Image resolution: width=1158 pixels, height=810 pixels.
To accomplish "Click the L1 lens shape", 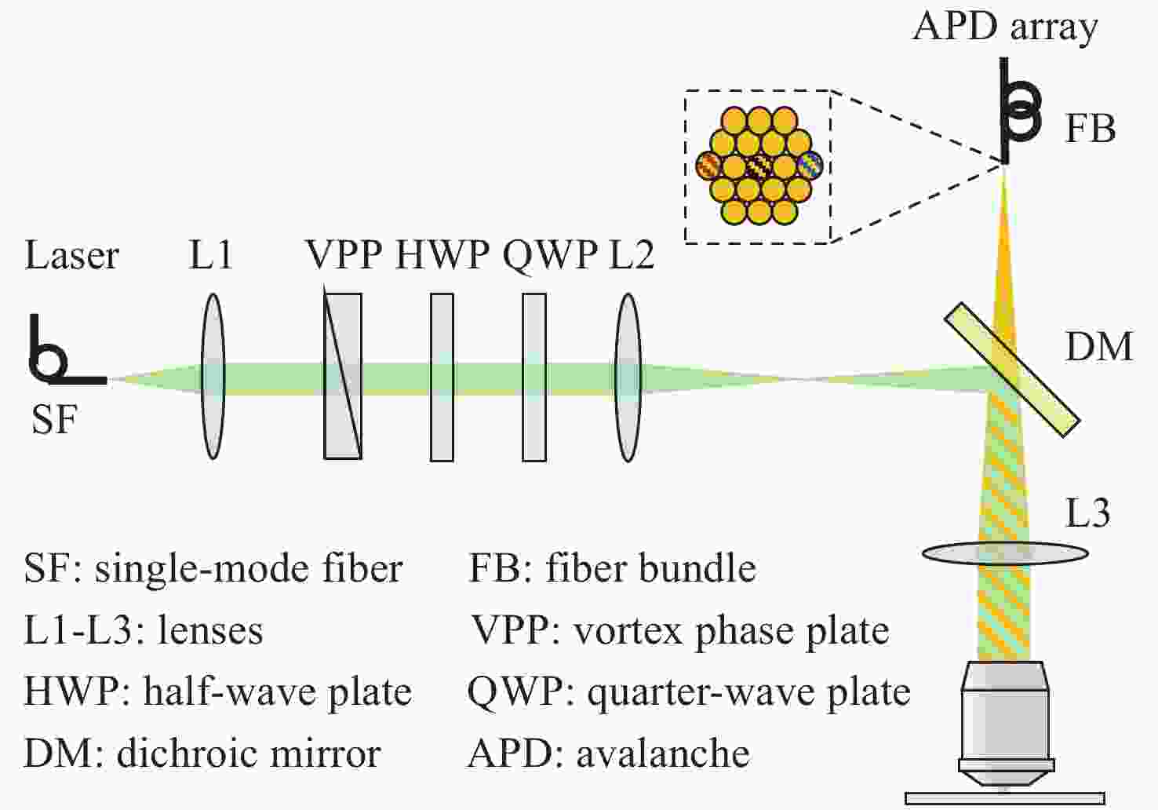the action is (x=213, y=376).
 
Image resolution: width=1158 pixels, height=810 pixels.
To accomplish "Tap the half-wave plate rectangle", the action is (x=442, y=377).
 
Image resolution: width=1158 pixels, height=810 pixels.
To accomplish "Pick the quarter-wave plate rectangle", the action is (x=534, y=377).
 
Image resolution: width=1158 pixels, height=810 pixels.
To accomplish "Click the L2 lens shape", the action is (x=628, y=377).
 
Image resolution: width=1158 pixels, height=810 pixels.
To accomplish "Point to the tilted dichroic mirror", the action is (x=1012, y=370).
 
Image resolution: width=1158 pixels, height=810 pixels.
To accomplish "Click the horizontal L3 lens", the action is (x=1005, y=553).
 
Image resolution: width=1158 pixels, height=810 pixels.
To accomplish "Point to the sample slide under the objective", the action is (x=1005, y=799).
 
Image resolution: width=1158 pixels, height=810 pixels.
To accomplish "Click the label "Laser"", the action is (x=71, y=256).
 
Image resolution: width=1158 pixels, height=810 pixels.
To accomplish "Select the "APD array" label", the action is (x=1004, y=27).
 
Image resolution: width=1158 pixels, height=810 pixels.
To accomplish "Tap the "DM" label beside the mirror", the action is (x=1099, y=347).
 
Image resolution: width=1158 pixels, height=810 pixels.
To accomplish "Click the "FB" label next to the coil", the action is (x=1091, y=129).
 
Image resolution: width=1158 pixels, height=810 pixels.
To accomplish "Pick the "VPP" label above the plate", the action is (x=344, y=254).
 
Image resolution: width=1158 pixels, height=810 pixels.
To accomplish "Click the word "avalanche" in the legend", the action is (x=663, y=753).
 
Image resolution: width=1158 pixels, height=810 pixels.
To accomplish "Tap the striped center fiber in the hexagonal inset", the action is (x=759, y=166).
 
